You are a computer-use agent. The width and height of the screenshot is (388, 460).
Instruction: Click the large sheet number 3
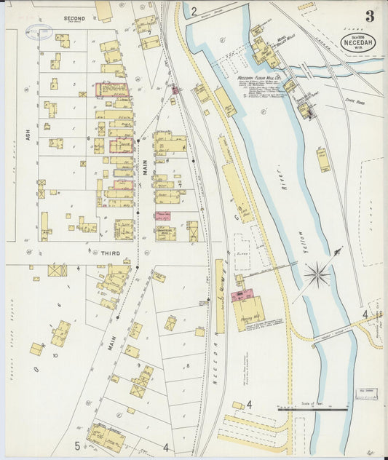[x=370, y=16]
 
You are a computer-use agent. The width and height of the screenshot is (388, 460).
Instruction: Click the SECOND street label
[x=74, y=18]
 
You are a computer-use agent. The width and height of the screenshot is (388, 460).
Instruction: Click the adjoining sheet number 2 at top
[x=194, y=11]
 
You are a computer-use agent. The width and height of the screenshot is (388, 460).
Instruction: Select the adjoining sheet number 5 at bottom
[x=76, y=445]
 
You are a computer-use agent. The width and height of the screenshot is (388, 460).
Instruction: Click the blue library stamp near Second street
[x=38, y=31]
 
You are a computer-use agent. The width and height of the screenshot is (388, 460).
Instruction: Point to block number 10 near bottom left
[x=55, y=356]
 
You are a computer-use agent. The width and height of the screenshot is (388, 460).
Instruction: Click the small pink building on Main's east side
[x=162, y=215]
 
